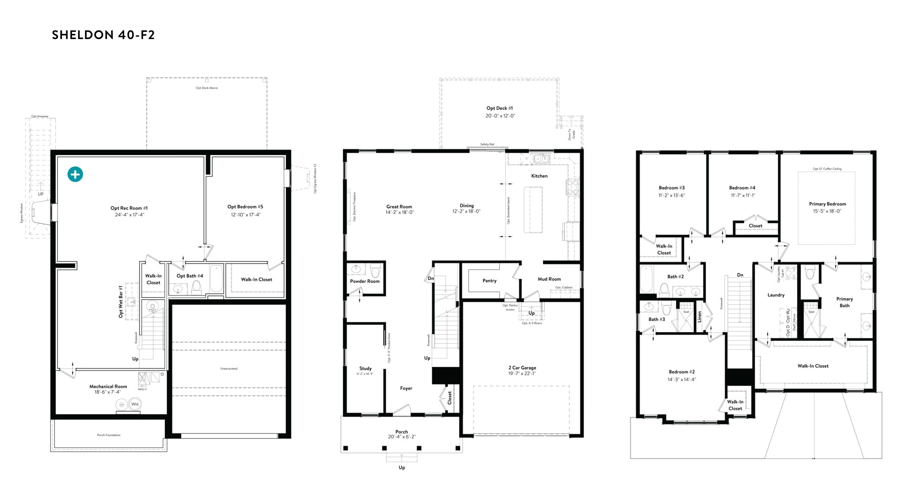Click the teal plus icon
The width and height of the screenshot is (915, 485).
pyautogui.click(x=75, y=174)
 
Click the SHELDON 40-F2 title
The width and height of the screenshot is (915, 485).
pyautogui.click(x=103, y=35)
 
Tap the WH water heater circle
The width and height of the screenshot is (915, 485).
pyautogui.click(x=135, y=404)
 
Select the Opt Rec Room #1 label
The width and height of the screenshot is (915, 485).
pyautogui.click(x=129, y=208)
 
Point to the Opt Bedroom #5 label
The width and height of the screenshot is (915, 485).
pyautogui.click(x=245, y=207)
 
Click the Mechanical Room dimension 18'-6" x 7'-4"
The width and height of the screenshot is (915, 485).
pyautogui.click(x=108, y=392)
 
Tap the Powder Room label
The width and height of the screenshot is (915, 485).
pyautogui.click(x=365, y=281)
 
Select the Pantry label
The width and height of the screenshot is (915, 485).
pyautogui.click(x=489, y=281)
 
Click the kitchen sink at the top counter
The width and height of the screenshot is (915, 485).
pyautogui.click(x=541, y=159)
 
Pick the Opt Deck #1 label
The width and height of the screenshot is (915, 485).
pyautogui.click(x=499, y=108)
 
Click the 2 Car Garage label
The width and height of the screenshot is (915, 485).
pyautogui.click(x=522, y=368)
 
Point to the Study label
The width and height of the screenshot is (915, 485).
pyautogui.click(x=365, y=368)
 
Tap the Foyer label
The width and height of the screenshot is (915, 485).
pyautogui.click(x=406, y=388)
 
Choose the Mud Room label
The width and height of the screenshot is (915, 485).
pyautogui.click(x=549, y=279)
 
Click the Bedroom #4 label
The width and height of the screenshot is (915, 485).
pyautogui.click(x=742, y=188)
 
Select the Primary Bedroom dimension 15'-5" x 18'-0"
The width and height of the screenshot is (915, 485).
pyautogui.click(x=827, y=211)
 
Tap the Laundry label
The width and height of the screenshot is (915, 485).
pyautogui.click(x=776, y=295)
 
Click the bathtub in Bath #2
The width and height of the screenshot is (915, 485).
pyautogui.click(x=646, y=279)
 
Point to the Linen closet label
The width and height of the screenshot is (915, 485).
pyautogui.click(x=699, y=317)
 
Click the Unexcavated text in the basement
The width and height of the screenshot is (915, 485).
pyautogui.click(x=229, y=369)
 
